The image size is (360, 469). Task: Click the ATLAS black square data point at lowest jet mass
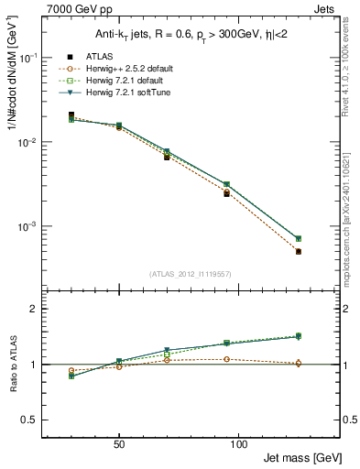pos(71,115)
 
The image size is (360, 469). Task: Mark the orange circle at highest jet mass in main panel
pos(299,251)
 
